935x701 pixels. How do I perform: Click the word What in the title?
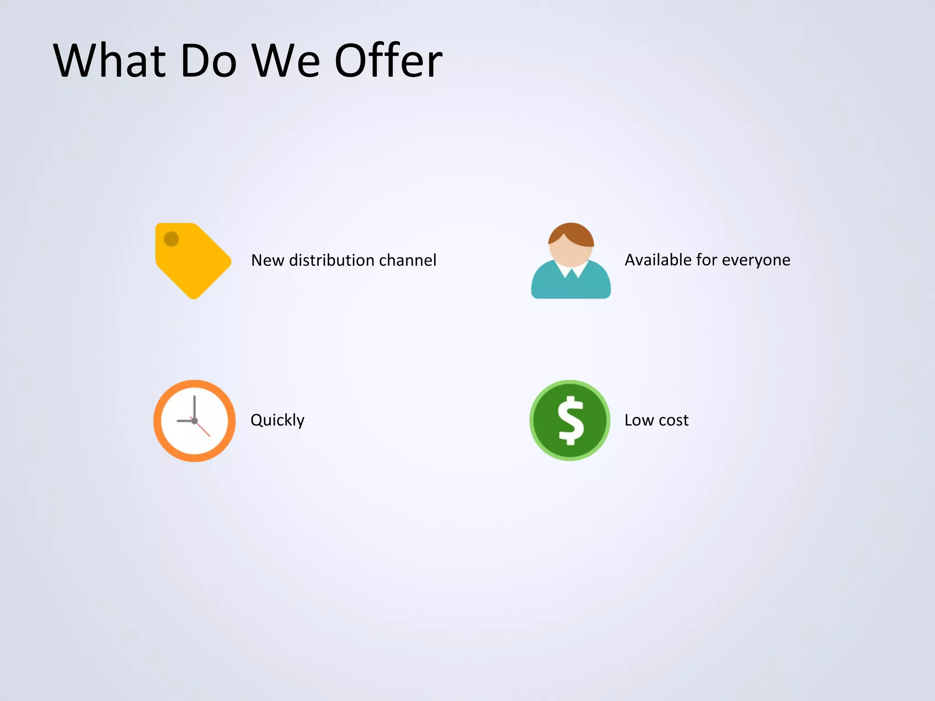[x=110, y=61]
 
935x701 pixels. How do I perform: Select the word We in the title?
[x=286, y=61]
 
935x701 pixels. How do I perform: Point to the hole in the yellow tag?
[x=171, y=239]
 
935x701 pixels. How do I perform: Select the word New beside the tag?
[x=268, y=260]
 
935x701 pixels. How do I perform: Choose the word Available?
[x=658, y=260]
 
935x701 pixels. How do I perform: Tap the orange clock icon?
[x=194, y=420]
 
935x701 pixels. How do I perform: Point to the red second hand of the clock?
[x=204, y=430]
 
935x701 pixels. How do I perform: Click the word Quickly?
[x=277, y=420]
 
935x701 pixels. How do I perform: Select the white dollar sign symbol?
[x=571, y=420]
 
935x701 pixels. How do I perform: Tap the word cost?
[x=673, y=420]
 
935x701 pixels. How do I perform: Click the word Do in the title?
[x=209, y=61]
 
